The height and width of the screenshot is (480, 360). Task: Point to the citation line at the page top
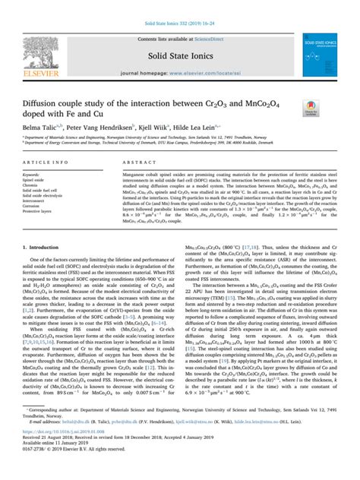point(180,8)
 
